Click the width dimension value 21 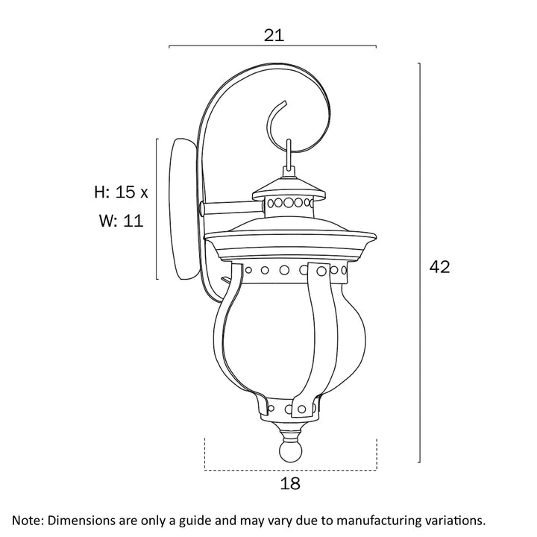pos(274,35)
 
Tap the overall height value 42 pos(439,267)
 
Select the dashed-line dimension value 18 pos(290,483)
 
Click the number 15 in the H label pos(125,192)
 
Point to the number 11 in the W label pos(133,221)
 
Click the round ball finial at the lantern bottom pos(291,451)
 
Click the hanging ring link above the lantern pos(289,154)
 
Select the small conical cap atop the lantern pos(289,189)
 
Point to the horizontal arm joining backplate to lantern pos(232,209)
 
